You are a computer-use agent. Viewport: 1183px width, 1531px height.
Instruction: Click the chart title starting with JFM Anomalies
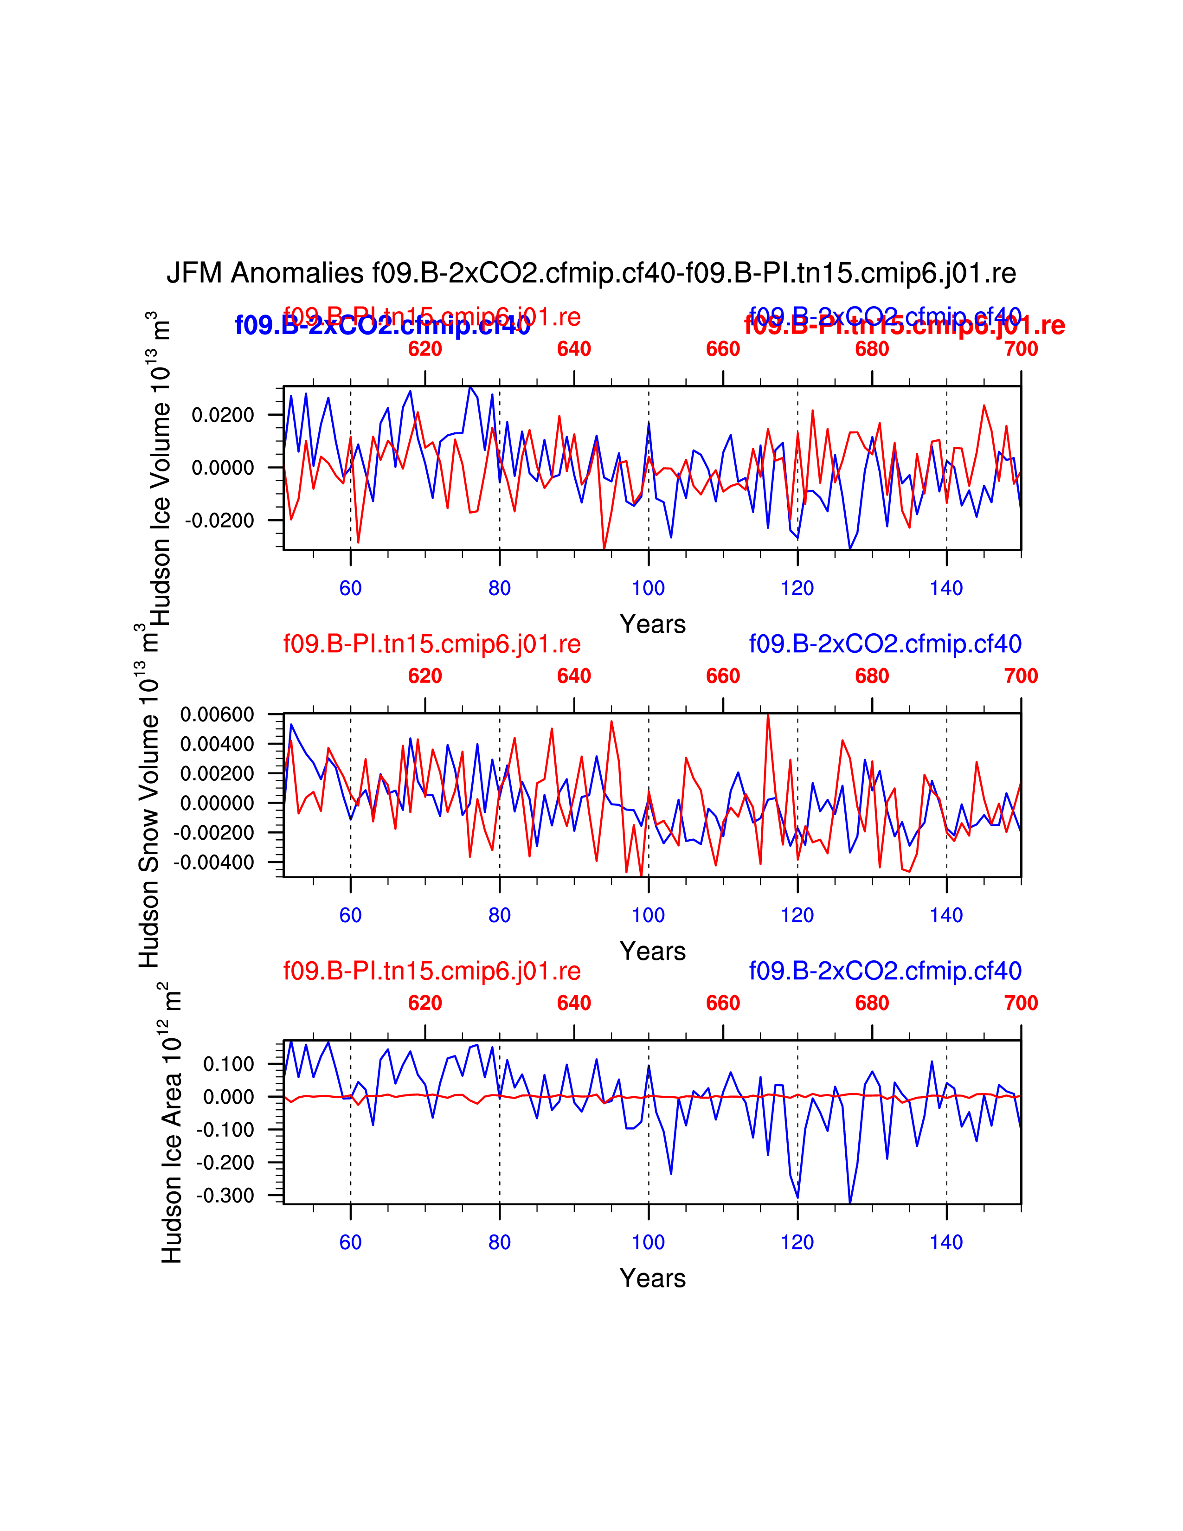pos(591,273)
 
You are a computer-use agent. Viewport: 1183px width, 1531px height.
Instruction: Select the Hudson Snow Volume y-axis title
pos(148,796)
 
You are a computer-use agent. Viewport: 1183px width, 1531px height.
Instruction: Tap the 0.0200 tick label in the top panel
pos(223,415)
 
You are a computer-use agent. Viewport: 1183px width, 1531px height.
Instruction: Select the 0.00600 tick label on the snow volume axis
pos(217,714)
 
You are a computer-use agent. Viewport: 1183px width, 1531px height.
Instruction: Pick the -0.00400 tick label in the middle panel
pos(214,862)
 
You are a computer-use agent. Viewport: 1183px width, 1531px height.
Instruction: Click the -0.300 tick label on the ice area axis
pos(225,1195)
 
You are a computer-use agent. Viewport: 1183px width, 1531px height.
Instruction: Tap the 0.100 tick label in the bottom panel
pos(228,1064)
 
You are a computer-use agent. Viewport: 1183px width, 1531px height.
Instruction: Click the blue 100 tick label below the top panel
pos(648,588)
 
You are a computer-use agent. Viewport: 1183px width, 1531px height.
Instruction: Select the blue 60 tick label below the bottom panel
pos(350,1242)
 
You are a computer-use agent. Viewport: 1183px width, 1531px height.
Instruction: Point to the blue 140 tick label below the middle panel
pos(946,915)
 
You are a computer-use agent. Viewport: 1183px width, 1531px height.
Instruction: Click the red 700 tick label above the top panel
pos(1021,348)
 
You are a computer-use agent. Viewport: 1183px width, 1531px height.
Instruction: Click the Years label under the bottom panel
pos(652,1278)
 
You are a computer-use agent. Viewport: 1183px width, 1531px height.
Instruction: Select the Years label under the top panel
pos(652,624)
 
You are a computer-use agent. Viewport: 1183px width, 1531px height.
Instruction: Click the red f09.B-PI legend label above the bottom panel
pos(432,971)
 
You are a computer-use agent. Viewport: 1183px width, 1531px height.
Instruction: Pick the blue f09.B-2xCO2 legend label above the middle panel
pos(885,643)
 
